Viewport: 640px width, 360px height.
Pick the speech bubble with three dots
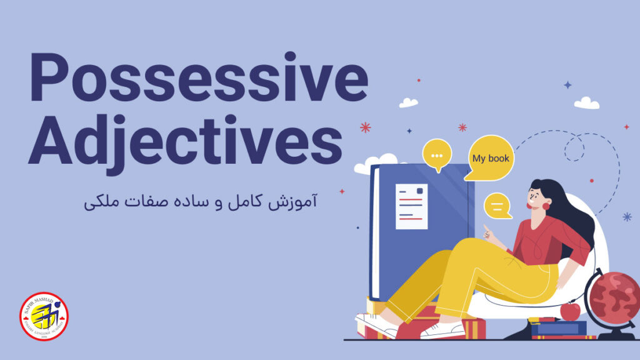pyautogui.click(x=437, y=154)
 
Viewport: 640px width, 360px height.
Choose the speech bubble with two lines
pyautogui.click(x=497, y=206)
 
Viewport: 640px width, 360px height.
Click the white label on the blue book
pyautogui.click(x=411, y=206)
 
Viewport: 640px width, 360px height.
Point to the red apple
pyautogui.click(x=569, y=311)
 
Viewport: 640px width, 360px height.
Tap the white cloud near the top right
pyautogui.click(x=586, y=103)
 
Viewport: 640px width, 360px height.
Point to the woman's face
pyautogui.click(x=536, y=195)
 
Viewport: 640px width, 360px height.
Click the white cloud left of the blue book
pyautogui.click(x=369, y=164)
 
